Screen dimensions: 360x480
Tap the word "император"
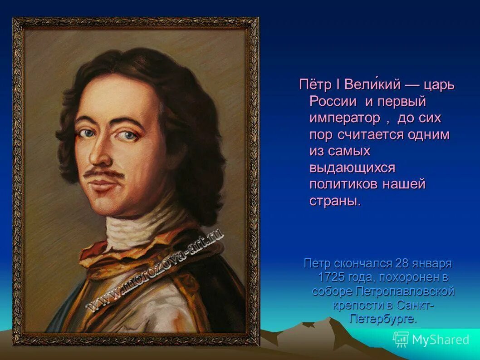[345, 118]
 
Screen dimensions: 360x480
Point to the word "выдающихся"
[353, 168]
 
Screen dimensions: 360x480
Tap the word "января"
[434, 264]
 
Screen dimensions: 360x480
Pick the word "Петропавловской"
[405, 291]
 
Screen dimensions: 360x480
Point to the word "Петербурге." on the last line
[383, 318]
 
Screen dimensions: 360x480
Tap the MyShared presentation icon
[401, 340]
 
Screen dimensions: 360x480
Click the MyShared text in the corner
[441, 340]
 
